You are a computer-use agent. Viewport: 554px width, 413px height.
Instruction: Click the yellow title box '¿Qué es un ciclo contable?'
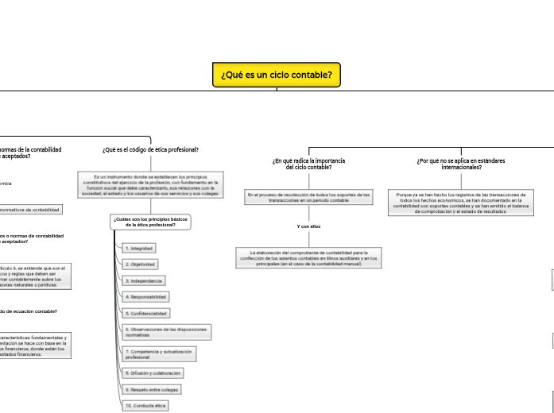coord(277,75)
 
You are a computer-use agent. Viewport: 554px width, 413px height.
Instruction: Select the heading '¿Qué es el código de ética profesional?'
coord(150,149)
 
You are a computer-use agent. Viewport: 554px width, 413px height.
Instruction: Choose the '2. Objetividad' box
coord(141,264)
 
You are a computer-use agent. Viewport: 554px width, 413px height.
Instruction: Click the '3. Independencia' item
coord(144,281)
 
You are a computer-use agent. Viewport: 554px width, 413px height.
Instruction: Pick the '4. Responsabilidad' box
coord(146,297)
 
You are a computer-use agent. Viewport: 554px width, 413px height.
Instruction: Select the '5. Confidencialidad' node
coord(146,314)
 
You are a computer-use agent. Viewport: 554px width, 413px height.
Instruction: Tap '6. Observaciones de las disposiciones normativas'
coord(165,332)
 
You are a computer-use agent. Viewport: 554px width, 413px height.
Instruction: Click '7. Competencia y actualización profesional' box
coord(159,354)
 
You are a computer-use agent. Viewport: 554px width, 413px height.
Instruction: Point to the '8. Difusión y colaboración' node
coord(153,372)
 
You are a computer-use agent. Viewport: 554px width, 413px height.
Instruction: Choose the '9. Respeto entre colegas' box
coord(152,389)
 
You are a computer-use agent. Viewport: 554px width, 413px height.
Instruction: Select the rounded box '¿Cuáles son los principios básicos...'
coord(150,222)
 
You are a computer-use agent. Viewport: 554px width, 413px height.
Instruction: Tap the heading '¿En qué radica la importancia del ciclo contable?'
coord(308,164)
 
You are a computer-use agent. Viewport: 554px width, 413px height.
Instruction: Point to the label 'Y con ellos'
coord(308,227)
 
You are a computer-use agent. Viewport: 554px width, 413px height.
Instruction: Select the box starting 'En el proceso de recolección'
coord(308,197)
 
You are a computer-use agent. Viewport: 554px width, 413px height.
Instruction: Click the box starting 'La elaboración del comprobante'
coord(308,257)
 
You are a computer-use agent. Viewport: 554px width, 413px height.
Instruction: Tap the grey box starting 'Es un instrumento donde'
coord(150,185)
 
